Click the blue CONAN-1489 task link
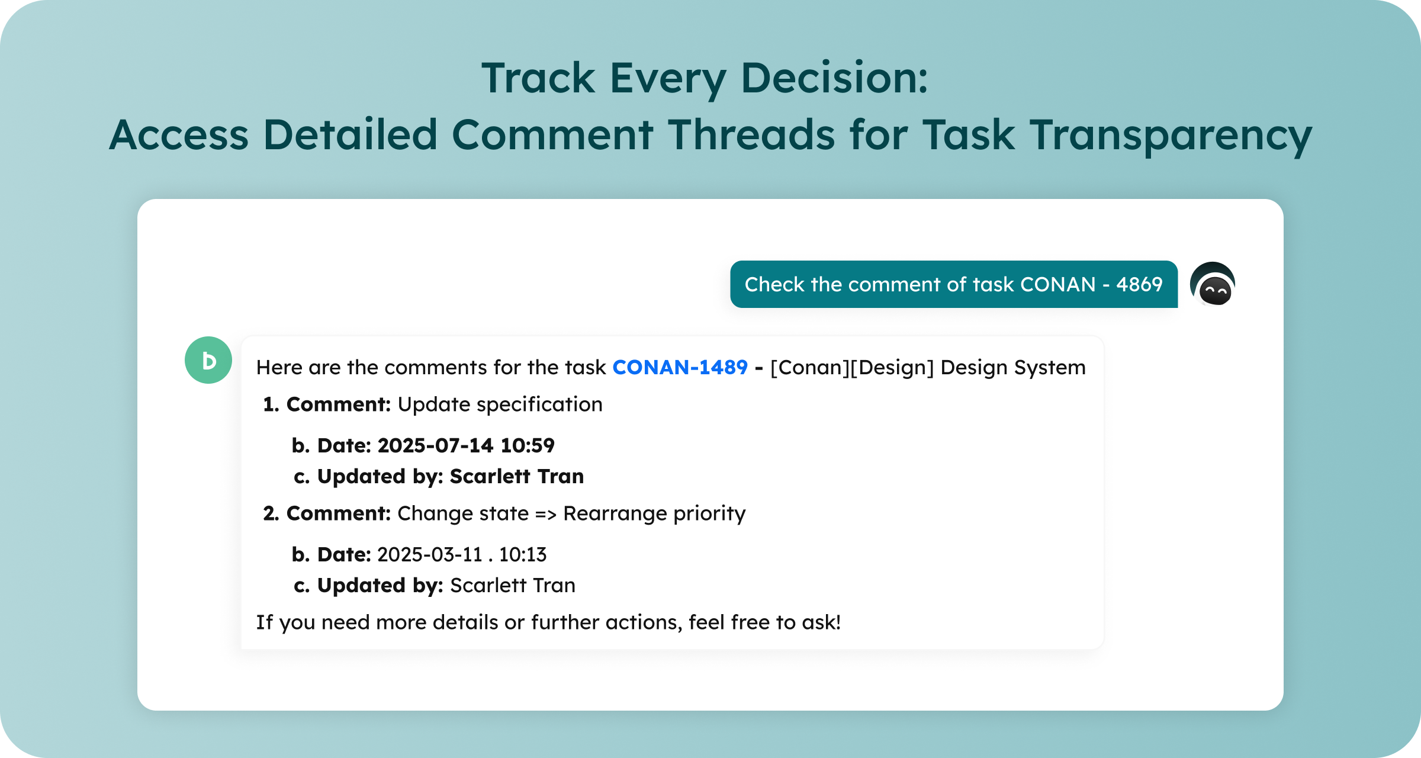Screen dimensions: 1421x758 coord(680,367)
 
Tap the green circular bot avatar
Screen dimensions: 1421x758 coord(208,360)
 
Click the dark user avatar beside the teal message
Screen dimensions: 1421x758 coord(1213,284)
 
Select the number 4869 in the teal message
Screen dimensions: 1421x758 coord(1140,284)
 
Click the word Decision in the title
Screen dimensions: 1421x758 coord(834,78)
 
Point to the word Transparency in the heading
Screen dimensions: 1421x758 coord(1171,136)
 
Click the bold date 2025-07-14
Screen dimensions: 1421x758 coord(435,445)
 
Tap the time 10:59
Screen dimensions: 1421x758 coord(528,445)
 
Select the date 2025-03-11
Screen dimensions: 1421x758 coord(430,554)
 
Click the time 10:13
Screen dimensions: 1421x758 coord(523,554)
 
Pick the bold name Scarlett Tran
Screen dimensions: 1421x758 coord(517,476)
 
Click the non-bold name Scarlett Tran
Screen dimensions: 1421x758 coord(513,585)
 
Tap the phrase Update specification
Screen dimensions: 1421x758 coord(500,404)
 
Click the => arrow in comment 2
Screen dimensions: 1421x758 coord(546,514)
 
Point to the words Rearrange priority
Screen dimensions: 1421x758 coord(654,514)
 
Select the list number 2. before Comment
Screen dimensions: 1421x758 coord(271,513)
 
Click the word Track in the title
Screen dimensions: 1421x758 coord(538,78)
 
